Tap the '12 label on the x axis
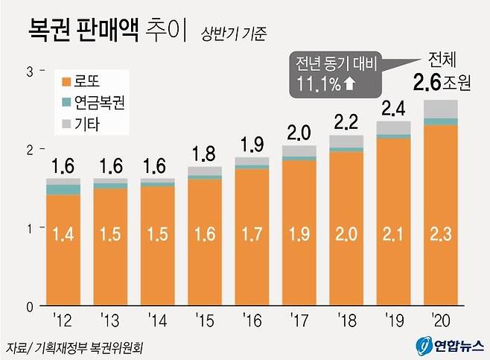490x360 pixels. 62,321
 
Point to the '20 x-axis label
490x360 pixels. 441,321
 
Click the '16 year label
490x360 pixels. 252,321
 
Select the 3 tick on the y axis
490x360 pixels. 29,71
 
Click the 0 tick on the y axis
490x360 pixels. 29,306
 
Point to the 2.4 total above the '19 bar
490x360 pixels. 393,109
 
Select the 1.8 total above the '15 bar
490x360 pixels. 204,154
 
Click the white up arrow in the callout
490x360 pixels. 349,85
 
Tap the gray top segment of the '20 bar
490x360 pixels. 440,109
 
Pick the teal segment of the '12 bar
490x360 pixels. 63,189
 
